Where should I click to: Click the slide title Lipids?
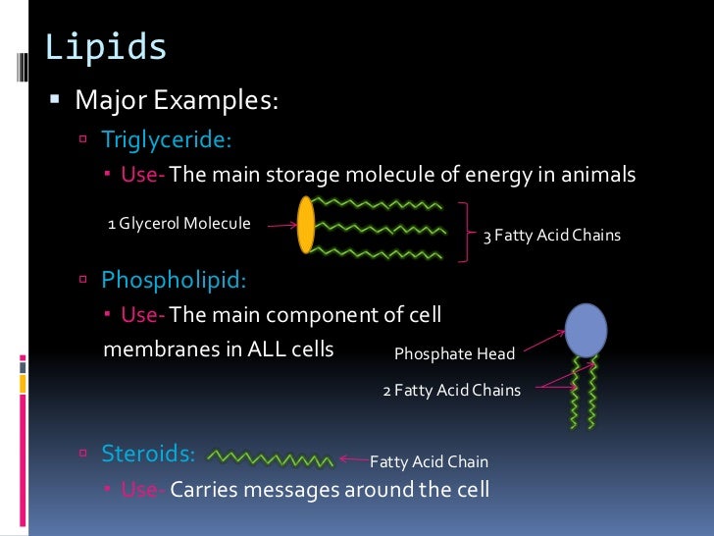[106, 46]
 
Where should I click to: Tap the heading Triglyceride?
[167, 139]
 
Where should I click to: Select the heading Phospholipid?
[175, 280]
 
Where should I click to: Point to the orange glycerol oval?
[306, 225]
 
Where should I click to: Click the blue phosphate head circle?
[586, 329]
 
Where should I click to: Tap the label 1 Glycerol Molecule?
[178, 224]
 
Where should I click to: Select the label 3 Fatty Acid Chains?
[550, 236]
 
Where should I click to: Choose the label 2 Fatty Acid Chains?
[451, 390]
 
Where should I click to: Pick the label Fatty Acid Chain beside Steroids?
[429, 461]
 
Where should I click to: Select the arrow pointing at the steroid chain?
[353, 458]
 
